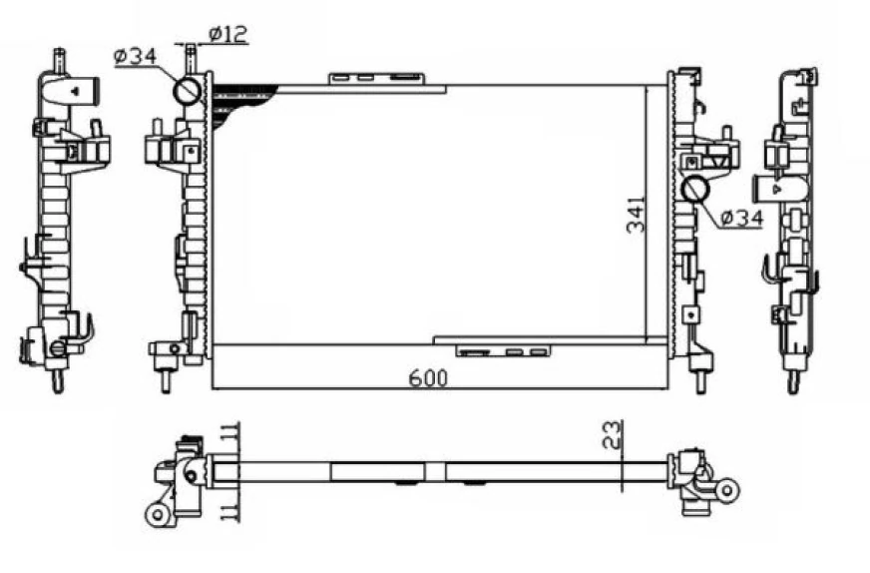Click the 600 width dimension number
(x=428, y=377)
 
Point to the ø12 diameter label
(x=227, y=34)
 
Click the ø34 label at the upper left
(x=135, y=57)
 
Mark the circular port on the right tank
(x=694, y=188)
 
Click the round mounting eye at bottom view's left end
(x=157, y=514)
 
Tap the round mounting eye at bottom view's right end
(x=727, y=489)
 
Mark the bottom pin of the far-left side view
(x=58, y=381)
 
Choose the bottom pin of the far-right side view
(x=793, y=381)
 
